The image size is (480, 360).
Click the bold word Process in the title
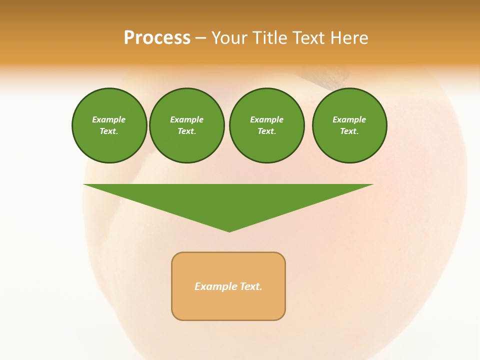point(157,38)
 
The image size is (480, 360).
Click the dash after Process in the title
point(201,38)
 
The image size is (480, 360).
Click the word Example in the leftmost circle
point(109,119)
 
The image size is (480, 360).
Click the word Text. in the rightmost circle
point(349,131)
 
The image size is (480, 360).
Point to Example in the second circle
point(187,119)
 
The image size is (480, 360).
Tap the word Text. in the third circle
point(267,131)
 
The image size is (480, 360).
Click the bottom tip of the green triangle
point(229,230)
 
